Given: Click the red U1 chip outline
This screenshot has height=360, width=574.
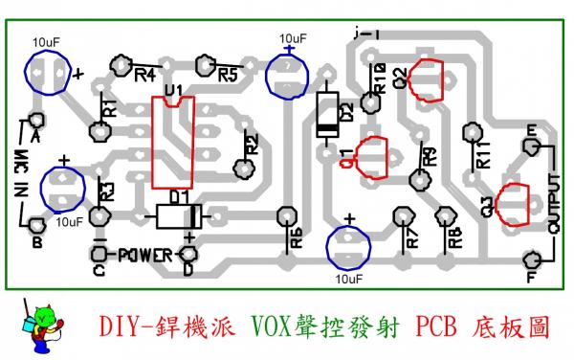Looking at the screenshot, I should click(172, 142).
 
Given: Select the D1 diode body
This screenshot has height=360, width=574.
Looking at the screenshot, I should click(177, 215).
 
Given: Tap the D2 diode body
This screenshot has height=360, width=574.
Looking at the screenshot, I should click(327, 114).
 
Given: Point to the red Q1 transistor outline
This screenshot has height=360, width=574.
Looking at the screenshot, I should click(370, 157).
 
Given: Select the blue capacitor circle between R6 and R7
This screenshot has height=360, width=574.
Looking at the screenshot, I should click(348, 247).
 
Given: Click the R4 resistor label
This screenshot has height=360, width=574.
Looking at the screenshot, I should click(146, 75).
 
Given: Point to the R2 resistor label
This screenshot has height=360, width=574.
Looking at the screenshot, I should click(252, 146).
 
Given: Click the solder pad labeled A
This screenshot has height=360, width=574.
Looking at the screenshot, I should click(36, 122).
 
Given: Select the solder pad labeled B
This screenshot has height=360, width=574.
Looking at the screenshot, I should click(36, 226).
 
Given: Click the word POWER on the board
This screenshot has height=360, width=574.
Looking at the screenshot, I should click(143, 256).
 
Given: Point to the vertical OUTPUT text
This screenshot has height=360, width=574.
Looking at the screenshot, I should click(554, 204).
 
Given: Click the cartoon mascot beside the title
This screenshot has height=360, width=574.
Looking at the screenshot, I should click(43, 323).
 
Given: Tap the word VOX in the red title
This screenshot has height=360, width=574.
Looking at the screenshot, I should click(273, 326).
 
